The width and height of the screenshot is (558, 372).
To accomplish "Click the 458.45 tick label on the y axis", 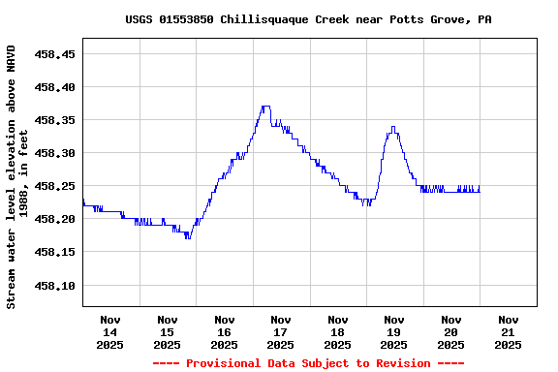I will click(55, 54).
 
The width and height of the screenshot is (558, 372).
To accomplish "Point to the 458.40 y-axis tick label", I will click(55, 87).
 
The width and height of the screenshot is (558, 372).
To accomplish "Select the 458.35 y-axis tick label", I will click(55, 120).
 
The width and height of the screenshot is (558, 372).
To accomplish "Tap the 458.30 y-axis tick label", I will click(55, 153).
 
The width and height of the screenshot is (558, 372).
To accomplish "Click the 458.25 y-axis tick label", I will click(55, 186).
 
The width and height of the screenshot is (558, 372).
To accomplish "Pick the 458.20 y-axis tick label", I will click(55, 219).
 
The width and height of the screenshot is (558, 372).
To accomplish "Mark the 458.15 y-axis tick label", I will click(55, 252).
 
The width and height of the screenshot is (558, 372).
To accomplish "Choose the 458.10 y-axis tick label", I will click(55, 285).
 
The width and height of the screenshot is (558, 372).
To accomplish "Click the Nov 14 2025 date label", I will click(110, 331).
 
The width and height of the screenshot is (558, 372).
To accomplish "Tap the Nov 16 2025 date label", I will click(224, 331).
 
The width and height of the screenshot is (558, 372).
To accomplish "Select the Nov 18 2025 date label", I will click(337, 331).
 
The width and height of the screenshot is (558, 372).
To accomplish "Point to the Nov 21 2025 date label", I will click(508, 331).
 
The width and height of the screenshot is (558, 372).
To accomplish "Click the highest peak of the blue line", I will click(265, 107).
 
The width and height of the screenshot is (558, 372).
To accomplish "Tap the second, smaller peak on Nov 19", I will click(392, 127).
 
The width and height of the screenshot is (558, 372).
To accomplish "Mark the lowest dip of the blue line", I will click(187, 237).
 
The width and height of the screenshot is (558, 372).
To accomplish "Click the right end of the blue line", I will click(479, 189).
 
